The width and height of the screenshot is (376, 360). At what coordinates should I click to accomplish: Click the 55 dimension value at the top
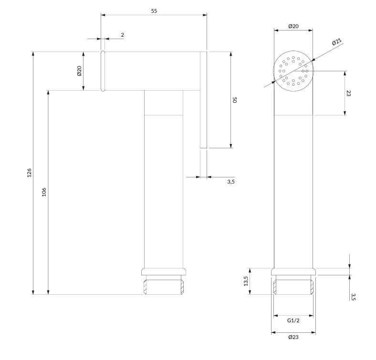[x=154, y=11]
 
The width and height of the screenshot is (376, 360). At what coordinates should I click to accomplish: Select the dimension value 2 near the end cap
[x=122, y=35]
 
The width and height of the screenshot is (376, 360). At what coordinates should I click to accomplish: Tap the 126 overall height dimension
[x=29, y=173]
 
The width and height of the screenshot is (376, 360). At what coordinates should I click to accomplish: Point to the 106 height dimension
[x=44, y=192]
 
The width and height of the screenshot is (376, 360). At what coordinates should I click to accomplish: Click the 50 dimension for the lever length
[x=234, y=100]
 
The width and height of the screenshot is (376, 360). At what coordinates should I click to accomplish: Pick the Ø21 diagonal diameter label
[x=337, y=41]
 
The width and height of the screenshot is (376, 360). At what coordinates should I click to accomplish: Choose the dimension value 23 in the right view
[x=348, y=93]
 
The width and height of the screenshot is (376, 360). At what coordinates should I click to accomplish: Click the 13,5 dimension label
[x=246, y=281]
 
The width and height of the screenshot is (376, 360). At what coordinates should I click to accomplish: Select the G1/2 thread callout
[x=293, y=320]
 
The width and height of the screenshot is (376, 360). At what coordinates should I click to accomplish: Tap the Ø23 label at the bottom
[x=293, y=337]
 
